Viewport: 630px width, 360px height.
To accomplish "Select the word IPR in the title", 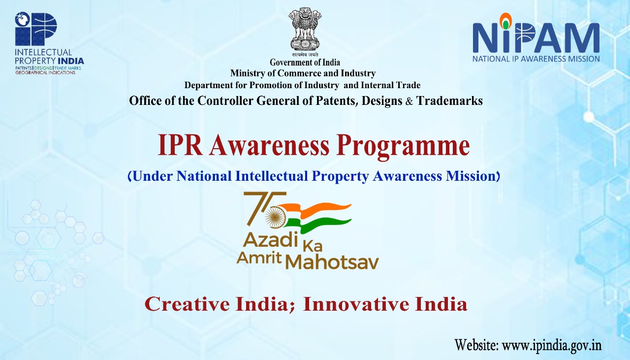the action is pos(180,145).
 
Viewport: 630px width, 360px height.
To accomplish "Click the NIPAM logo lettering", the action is pos(536,35).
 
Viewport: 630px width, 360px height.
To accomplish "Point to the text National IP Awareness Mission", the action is pos(536,59).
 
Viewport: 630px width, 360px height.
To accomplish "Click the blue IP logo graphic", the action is pos(36,29).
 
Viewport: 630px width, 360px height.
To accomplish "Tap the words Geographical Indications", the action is pos(45,72).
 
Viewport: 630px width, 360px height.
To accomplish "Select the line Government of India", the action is pos(305,62).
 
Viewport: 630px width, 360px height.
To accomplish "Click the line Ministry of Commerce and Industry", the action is pos(303,73).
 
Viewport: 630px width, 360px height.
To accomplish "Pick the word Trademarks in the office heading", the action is pos(449,101).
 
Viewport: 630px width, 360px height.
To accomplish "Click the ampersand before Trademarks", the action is pos(409,101).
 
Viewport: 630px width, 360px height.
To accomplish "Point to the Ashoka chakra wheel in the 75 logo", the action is pos(275,217).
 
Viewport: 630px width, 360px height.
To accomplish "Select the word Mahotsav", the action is pos(332,262).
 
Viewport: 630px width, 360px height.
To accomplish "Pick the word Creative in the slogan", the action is pos(187,304).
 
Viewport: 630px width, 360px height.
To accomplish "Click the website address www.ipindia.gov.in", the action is pos(552,346).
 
